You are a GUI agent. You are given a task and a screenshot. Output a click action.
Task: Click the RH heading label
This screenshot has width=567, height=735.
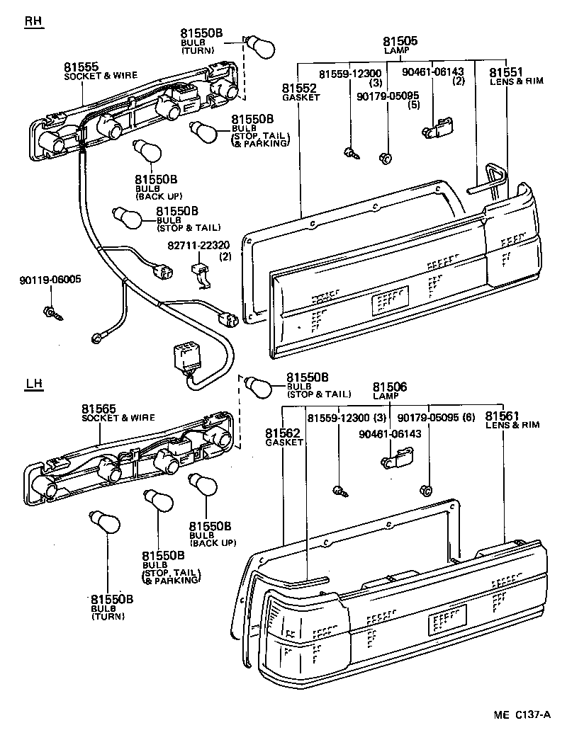33,22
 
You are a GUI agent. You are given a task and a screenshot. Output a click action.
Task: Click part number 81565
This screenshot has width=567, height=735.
99,409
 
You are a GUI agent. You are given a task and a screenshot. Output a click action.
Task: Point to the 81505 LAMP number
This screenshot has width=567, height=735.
400,42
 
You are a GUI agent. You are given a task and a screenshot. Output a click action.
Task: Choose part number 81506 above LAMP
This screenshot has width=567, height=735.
390,387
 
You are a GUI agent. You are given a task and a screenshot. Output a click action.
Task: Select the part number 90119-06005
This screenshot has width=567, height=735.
50,279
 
